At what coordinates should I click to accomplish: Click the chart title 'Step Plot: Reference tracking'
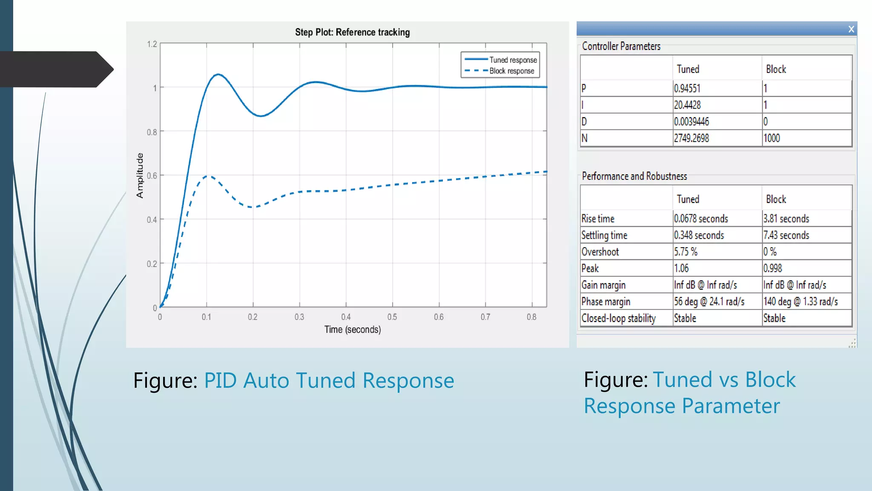tap(352, 32)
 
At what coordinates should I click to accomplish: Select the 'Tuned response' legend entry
tap(513, 60)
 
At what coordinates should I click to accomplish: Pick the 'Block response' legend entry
tap(511, 71)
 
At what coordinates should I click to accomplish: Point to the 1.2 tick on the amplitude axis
tap(152, 44)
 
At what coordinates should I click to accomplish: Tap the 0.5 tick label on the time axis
tap(392, 317)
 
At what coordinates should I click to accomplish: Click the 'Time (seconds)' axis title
tap(353, 329)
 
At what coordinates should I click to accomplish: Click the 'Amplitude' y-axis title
tap(140, 176)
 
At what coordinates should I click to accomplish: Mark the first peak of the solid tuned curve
tap(218, 75)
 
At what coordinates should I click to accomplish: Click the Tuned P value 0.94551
tap(687, 88)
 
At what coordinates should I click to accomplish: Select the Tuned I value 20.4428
tap(687, 105)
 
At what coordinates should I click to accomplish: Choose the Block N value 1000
tap(772, 138)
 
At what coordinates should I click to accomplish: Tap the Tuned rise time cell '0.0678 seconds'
tap(701, 219)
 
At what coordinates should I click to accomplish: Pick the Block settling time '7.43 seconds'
tap(786, 235)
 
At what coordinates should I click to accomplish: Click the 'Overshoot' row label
tap(600, 252)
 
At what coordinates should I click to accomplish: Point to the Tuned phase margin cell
tap(709, 302)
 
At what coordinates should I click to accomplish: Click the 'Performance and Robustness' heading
tap(634, 176)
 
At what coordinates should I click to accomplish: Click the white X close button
tap(851, 29)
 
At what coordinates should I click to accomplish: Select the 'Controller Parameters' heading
tap(621, 46)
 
